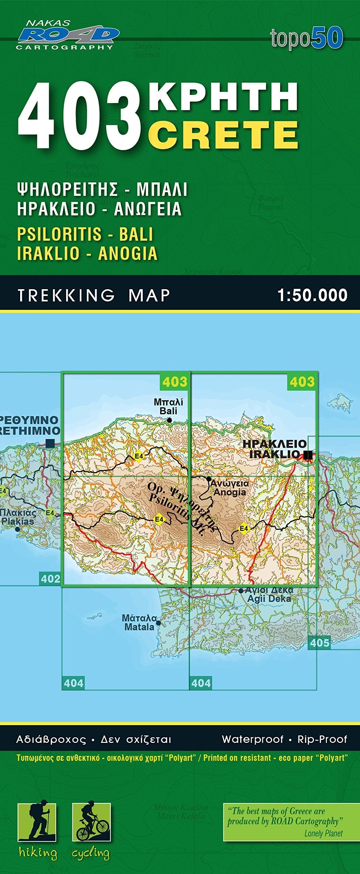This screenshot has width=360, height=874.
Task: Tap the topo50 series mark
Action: pos(306,38)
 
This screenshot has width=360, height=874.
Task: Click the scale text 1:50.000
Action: pos(312,295)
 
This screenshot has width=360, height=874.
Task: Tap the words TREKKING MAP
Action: pos(94,295)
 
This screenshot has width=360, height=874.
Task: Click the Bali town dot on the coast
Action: pos(170,420)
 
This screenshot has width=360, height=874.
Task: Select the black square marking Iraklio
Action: pos(308,455)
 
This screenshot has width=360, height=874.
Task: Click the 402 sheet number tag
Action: pos(50,579)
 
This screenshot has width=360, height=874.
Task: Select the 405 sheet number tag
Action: pos(319,643)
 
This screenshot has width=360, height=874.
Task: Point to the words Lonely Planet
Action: pos(323,833)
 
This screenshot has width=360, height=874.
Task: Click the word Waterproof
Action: pos(253,739)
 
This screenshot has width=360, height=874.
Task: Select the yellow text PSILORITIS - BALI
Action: pos(85,234)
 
